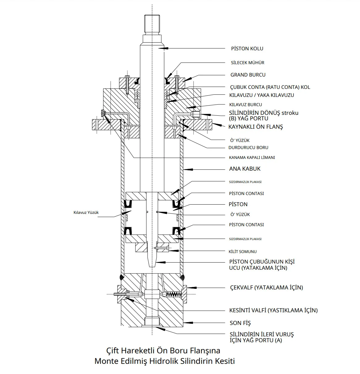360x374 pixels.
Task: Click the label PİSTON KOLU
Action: click(x=247, y=48)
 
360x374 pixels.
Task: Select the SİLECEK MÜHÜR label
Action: click(x=248, y=63)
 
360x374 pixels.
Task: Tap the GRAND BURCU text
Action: click(x=248, y=75)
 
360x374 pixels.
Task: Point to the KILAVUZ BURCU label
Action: click(x=245, y=105)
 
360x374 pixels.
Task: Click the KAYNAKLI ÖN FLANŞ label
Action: click(x=256, y=127)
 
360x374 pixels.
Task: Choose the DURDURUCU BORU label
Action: click(x=248, y=148)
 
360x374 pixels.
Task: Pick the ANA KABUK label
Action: click(x=245, y=169)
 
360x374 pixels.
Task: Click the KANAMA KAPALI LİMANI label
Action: click(x=252, y=158)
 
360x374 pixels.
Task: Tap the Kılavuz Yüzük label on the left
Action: click(x=86, y=213)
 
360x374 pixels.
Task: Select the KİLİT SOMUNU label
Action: click(x=242, y=251)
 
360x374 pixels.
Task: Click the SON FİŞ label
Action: click(x=240, y=323)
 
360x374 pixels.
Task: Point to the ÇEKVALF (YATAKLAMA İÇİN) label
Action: click(x=266, y=288)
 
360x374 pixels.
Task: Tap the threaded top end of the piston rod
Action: click(x=152, y=24)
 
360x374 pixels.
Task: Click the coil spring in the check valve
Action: click(x=174, y=294)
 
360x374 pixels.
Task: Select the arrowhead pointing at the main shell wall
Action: click(x=188, y=169)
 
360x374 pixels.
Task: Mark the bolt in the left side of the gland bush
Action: click(x=128, y=85)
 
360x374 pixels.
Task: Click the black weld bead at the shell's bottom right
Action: click(x=182, y=277)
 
